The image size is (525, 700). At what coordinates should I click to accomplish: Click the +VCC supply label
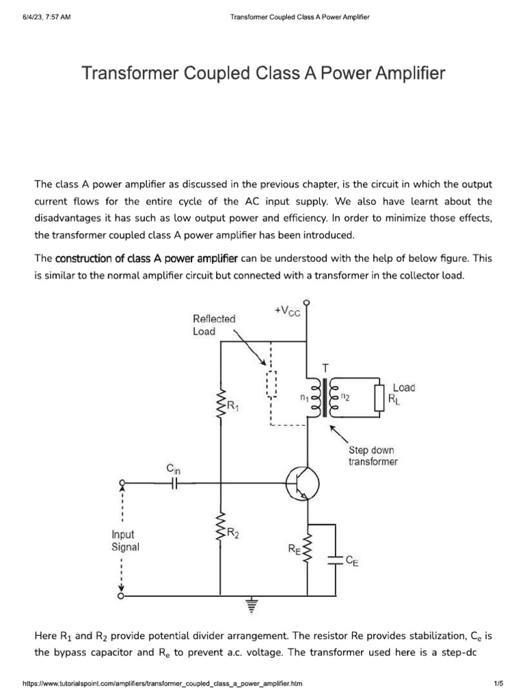pos(287,311)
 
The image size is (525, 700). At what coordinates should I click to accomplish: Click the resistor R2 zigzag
pos(221,533)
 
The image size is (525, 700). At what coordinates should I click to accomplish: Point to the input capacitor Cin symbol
pos(175,483)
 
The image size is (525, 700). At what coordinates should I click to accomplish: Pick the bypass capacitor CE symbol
pos(335,560)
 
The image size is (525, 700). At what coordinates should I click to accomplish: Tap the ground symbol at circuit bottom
pos(252,604)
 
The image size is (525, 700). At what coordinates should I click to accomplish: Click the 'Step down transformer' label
pos(372,456)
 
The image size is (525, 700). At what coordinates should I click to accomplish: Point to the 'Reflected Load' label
pos(214,325)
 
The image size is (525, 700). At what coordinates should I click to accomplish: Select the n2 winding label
pos(345,396)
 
